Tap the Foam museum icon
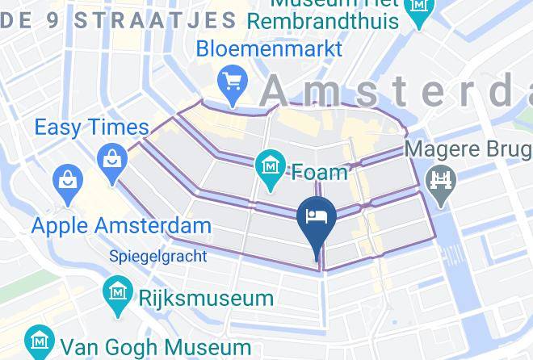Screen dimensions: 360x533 267,166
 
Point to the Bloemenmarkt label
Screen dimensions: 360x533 270,48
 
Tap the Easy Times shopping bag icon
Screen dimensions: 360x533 111,158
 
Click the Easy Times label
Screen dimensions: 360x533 91,127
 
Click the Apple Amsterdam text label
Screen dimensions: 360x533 121,225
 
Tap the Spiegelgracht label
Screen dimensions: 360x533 158,257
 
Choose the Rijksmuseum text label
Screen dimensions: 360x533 206,298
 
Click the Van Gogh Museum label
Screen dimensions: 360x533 153,345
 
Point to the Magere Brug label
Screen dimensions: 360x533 468,150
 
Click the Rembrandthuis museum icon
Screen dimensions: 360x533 420,6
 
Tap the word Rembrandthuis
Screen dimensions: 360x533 323,20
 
